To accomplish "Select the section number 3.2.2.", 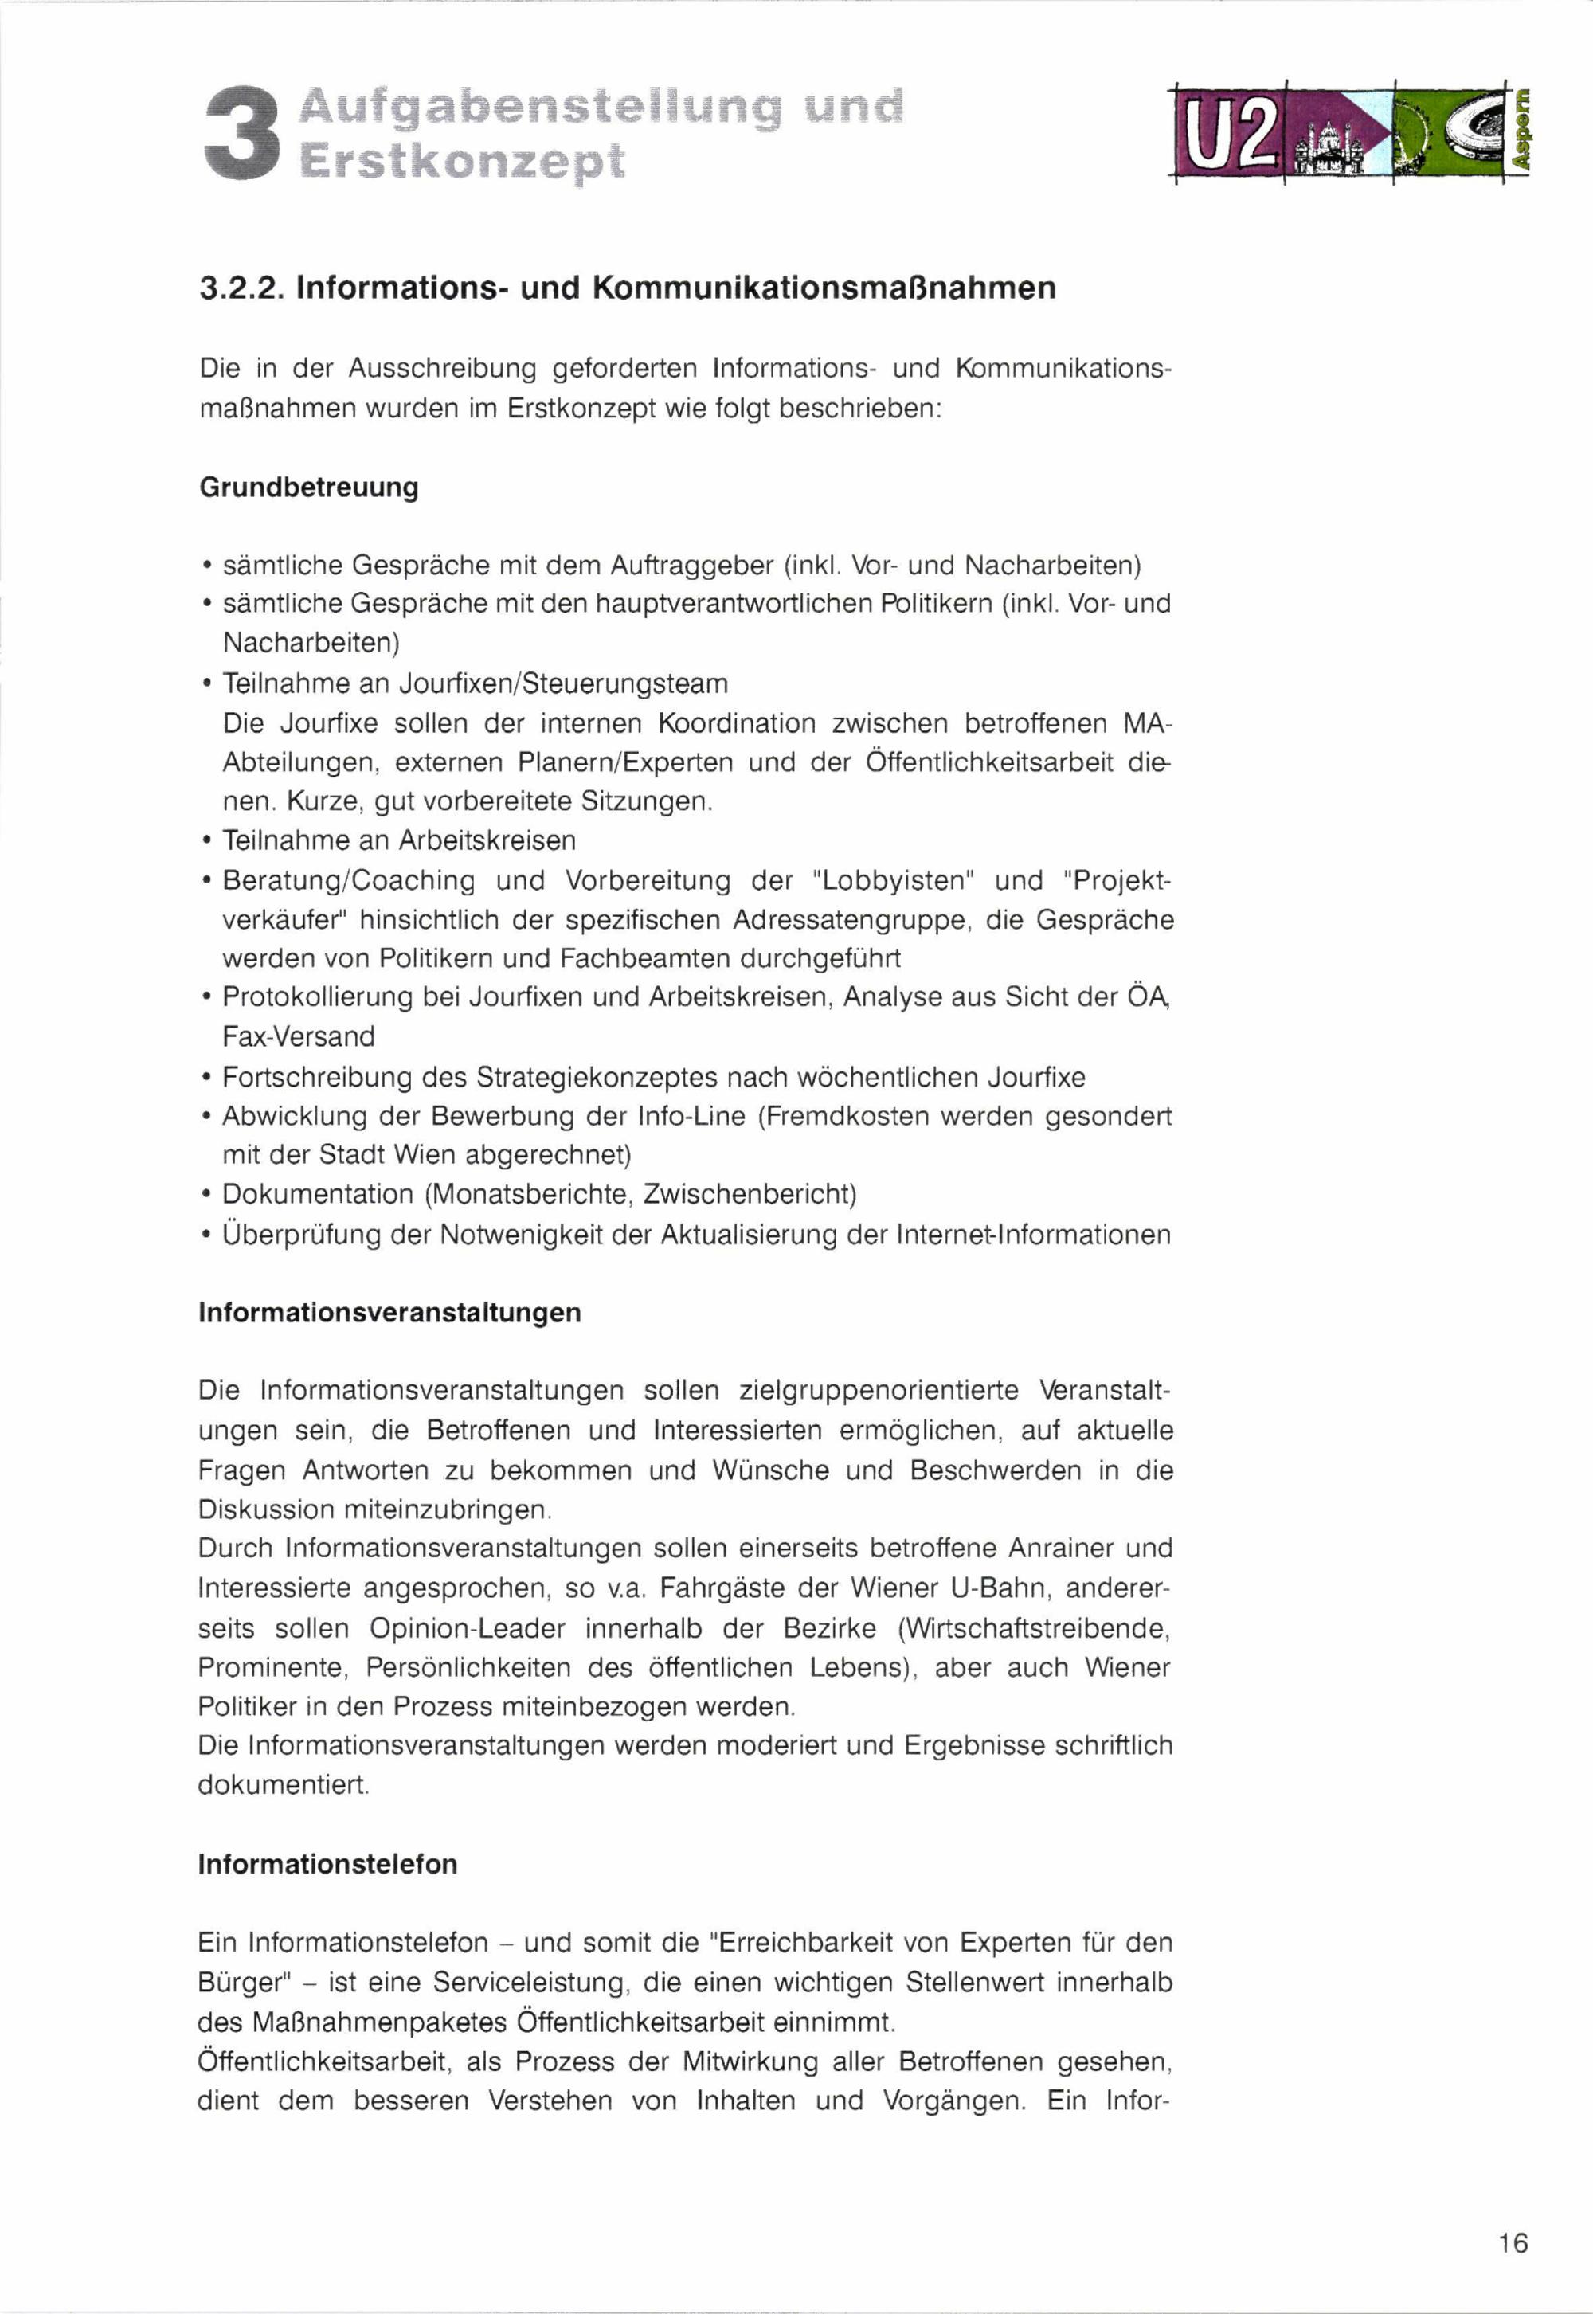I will (243, 288).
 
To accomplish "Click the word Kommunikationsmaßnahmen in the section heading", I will (824, 288).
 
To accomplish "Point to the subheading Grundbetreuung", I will (308, 487).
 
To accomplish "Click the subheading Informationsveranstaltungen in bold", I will (389, 1312).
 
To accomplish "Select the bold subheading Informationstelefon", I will (327, 1864).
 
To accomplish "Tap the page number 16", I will (1512, 2243).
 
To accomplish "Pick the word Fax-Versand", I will (299, 1036).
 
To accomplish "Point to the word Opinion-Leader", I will (467, 1628).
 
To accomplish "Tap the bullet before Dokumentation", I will (205, 1196).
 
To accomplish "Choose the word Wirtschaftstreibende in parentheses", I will (1033, 1628).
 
